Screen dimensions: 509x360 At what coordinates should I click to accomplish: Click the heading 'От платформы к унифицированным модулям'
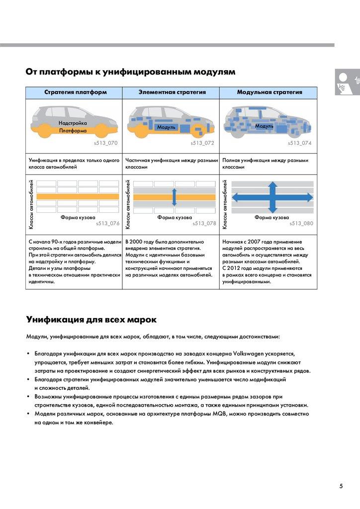(130, 72)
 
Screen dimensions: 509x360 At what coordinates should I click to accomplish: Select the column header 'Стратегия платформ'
(75, 92)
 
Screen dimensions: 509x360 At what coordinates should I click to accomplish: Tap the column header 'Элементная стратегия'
(172, 92)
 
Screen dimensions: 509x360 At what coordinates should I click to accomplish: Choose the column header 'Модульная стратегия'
(270, 92)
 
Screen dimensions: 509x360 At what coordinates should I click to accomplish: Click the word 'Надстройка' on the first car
(73, 123)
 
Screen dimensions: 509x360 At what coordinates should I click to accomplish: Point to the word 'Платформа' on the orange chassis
(73, 131)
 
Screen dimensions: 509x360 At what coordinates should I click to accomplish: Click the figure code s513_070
(106, 143)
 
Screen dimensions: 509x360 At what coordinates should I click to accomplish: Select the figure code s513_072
(202, 143)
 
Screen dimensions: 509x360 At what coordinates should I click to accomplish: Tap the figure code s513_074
(300, 143)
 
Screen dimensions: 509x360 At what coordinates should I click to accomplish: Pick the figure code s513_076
(108, 224)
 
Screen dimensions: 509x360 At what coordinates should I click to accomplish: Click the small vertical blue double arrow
(175, 197)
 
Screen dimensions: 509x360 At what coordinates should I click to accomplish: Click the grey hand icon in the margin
(346, 82)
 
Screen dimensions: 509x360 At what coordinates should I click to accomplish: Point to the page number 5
(341, 486)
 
